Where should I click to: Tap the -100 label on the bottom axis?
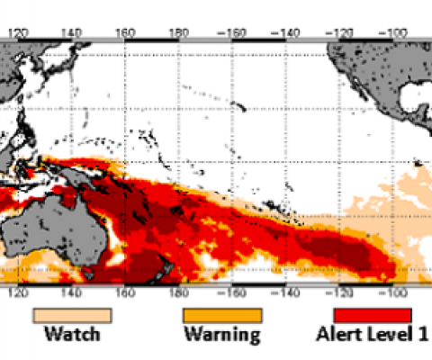point(393,293)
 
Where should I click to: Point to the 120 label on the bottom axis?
point(19,293)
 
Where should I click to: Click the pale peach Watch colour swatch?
point(73,315)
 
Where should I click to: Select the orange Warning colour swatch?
point(223,315)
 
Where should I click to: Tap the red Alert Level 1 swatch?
point(373,315)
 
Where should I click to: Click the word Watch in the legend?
point(73,336)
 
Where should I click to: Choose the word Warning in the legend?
point(222,336)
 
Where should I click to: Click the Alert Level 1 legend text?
point(373,336)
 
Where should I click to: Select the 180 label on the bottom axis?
point(179,293)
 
